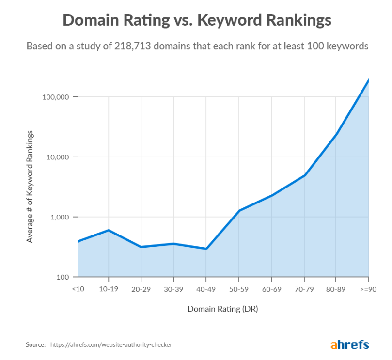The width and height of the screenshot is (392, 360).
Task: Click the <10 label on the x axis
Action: coord(78,289)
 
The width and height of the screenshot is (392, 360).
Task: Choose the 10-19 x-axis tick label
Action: coord(109,289)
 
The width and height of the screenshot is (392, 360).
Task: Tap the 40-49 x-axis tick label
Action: coord(206,289)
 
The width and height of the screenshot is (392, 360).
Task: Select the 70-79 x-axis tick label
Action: coord(304,289)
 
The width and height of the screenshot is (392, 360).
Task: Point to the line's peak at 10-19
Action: coord(109,230)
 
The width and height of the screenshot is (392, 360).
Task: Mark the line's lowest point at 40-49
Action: coord(206,249)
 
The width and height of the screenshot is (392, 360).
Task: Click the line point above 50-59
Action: coord(239,210)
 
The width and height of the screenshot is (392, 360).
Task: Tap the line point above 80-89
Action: coord(336,134)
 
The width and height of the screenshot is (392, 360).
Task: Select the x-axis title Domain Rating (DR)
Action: coord(222,309)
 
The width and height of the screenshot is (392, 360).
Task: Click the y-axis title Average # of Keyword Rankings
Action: coord(30,187)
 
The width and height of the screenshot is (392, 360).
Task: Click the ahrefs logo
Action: coord(350,344)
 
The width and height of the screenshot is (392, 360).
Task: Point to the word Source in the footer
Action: coord(35,345)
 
